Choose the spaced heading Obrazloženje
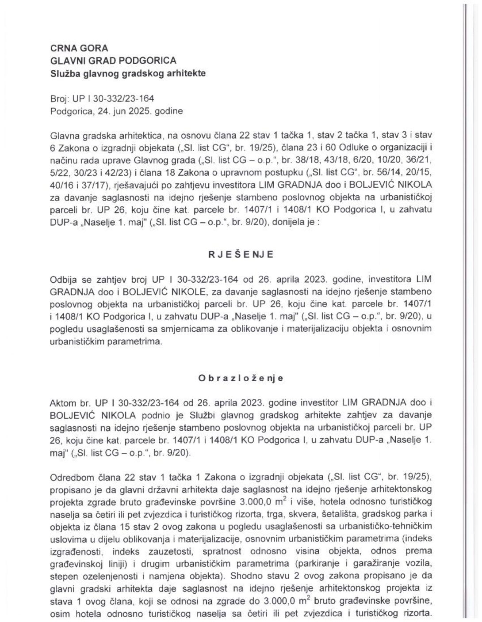[x=241, y=378]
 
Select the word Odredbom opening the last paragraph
[x=69, y=477]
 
